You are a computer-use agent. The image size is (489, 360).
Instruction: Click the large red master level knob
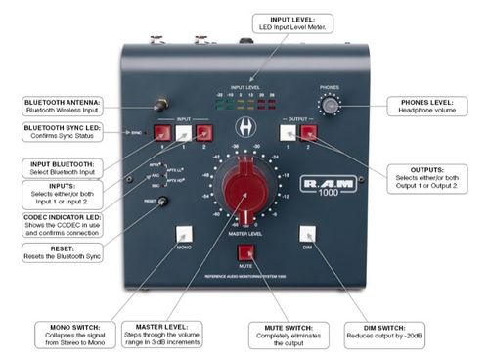244,190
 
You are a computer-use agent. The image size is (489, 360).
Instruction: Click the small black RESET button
162,202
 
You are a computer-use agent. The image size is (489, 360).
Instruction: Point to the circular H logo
245,127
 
